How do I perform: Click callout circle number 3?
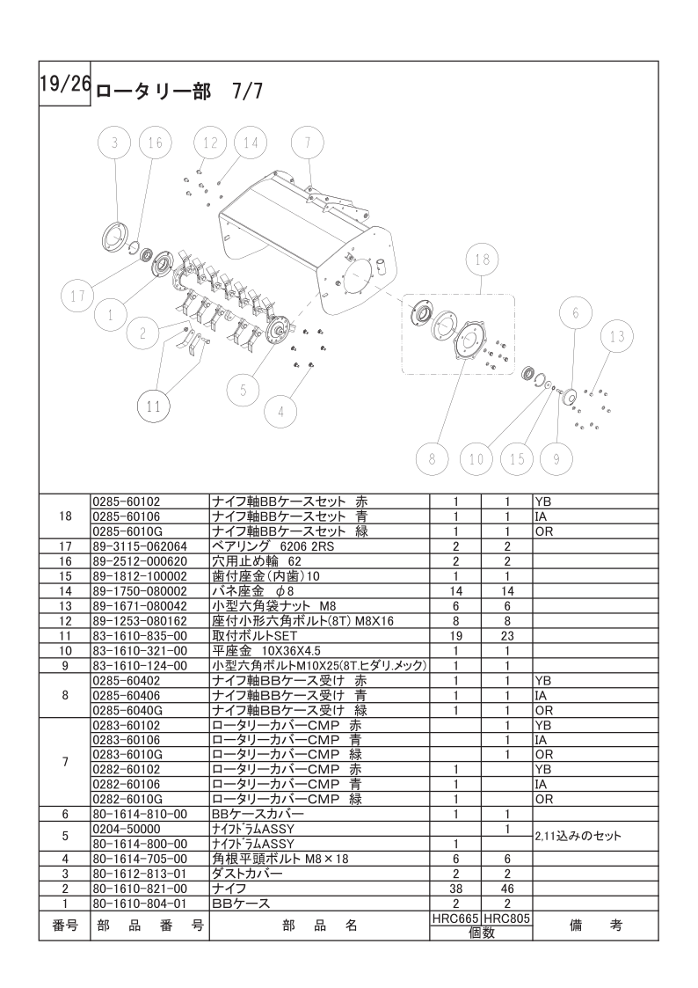(x=114, y=143)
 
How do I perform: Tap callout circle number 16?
(x=155, y=143)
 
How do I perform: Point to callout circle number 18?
(x=483, y=260)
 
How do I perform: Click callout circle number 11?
(x=154, y=406)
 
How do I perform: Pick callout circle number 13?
(x=617, y=336)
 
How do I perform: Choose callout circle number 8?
(x=432, y=459)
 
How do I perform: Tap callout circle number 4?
(x=280, y=412)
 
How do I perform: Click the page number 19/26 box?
(x=65, y=84)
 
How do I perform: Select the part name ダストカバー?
(x=247, y=874)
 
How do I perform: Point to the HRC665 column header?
(x=455, y=919)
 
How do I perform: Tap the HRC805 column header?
(x=507, y=919)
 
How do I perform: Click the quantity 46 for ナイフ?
(x=507, y=889)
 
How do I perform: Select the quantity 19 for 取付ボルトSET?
(x=455, y=636)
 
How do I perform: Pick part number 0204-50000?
(x=127, y=830)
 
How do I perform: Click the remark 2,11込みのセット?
(x=578, y=836)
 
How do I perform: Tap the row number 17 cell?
(x=65, y=546)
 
